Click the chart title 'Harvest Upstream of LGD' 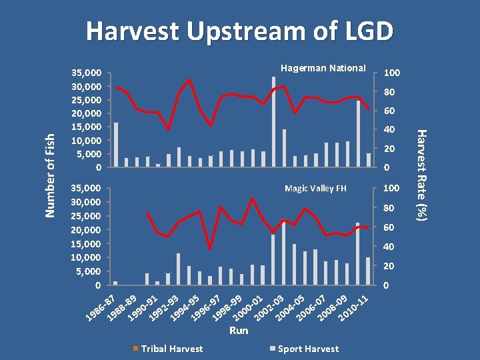[240, 31]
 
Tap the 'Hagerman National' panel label [323, 68]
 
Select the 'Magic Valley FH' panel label [315, 189]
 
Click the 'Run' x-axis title [238, 330]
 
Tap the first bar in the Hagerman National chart [116, 144]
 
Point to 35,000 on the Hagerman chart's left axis [86, 73]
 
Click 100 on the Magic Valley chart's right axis [391, 189]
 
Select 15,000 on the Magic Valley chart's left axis [86, 243]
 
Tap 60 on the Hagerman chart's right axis [389, 111]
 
